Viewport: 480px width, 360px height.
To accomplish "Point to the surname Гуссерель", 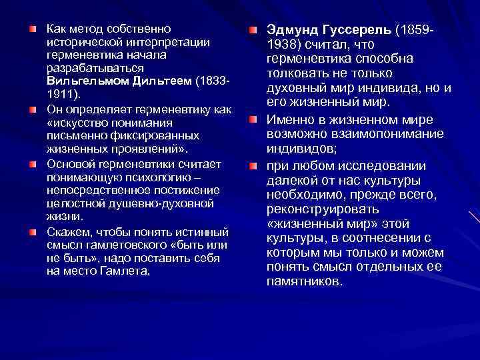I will [361, 31].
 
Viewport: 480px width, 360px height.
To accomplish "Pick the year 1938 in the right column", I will [283, 45].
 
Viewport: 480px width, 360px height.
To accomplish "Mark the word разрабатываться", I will [91, 68].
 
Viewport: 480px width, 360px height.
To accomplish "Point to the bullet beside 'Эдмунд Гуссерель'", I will [253, 31].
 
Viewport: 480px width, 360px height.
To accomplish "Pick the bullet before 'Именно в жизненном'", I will [253, 120].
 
